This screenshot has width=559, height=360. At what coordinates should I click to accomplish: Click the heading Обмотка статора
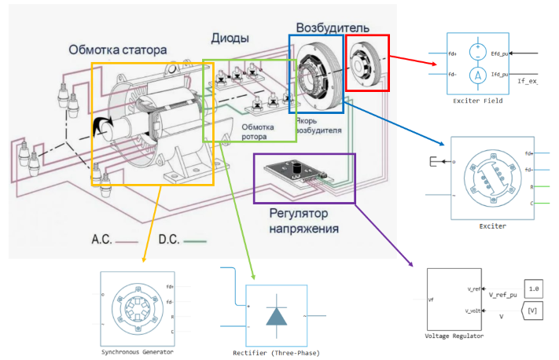116,50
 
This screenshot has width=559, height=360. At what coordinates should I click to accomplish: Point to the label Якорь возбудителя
319,125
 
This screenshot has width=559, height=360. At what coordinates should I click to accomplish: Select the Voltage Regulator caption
454,336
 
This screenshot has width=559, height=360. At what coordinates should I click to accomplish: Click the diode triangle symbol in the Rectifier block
277,315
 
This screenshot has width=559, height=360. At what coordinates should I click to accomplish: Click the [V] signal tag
535,311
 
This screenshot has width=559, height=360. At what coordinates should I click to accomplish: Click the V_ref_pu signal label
504,295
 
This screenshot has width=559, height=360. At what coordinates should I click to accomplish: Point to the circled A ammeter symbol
478,75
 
